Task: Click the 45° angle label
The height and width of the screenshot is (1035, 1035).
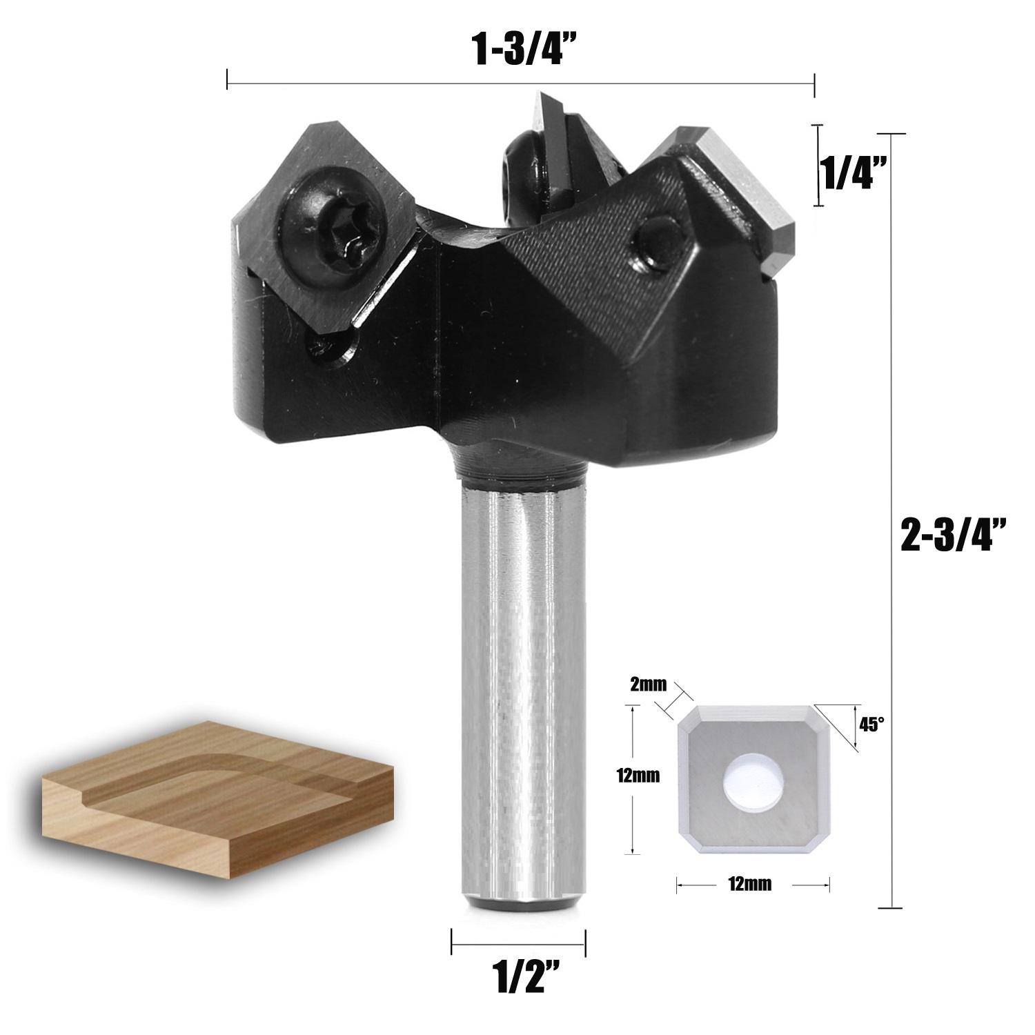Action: tap(871, 724)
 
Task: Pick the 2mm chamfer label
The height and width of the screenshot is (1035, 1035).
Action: tap(648, 684)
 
